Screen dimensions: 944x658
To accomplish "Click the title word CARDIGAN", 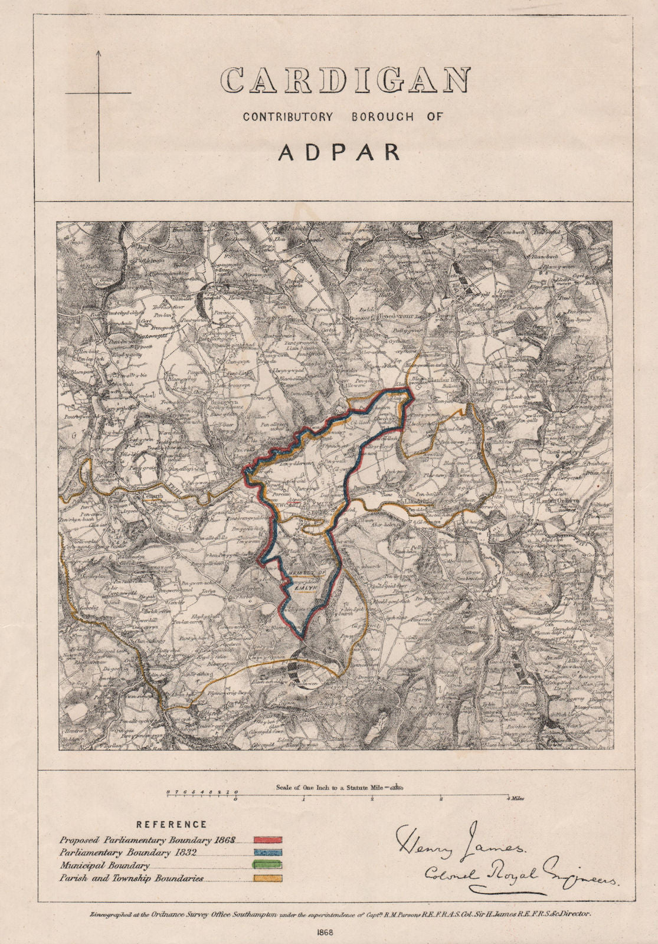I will coord(345,80).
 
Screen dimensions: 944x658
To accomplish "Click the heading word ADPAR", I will coord(339,152).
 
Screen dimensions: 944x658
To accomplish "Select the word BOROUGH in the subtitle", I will coord(382,117).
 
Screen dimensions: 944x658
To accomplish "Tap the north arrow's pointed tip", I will coord(99,51).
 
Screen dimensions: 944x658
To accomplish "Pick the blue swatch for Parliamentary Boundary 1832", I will coord(267,853).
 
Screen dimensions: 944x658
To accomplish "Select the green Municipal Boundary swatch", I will coord(267,866).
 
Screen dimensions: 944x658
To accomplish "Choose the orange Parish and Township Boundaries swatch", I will coord(267,879).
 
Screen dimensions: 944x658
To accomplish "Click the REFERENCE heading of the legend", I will coord(171,824).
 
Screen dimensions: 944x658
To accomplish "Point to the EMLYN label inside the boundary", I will coord(304,588).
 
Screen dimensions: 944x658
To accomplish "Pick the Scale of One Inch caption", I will coord(339,787).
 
